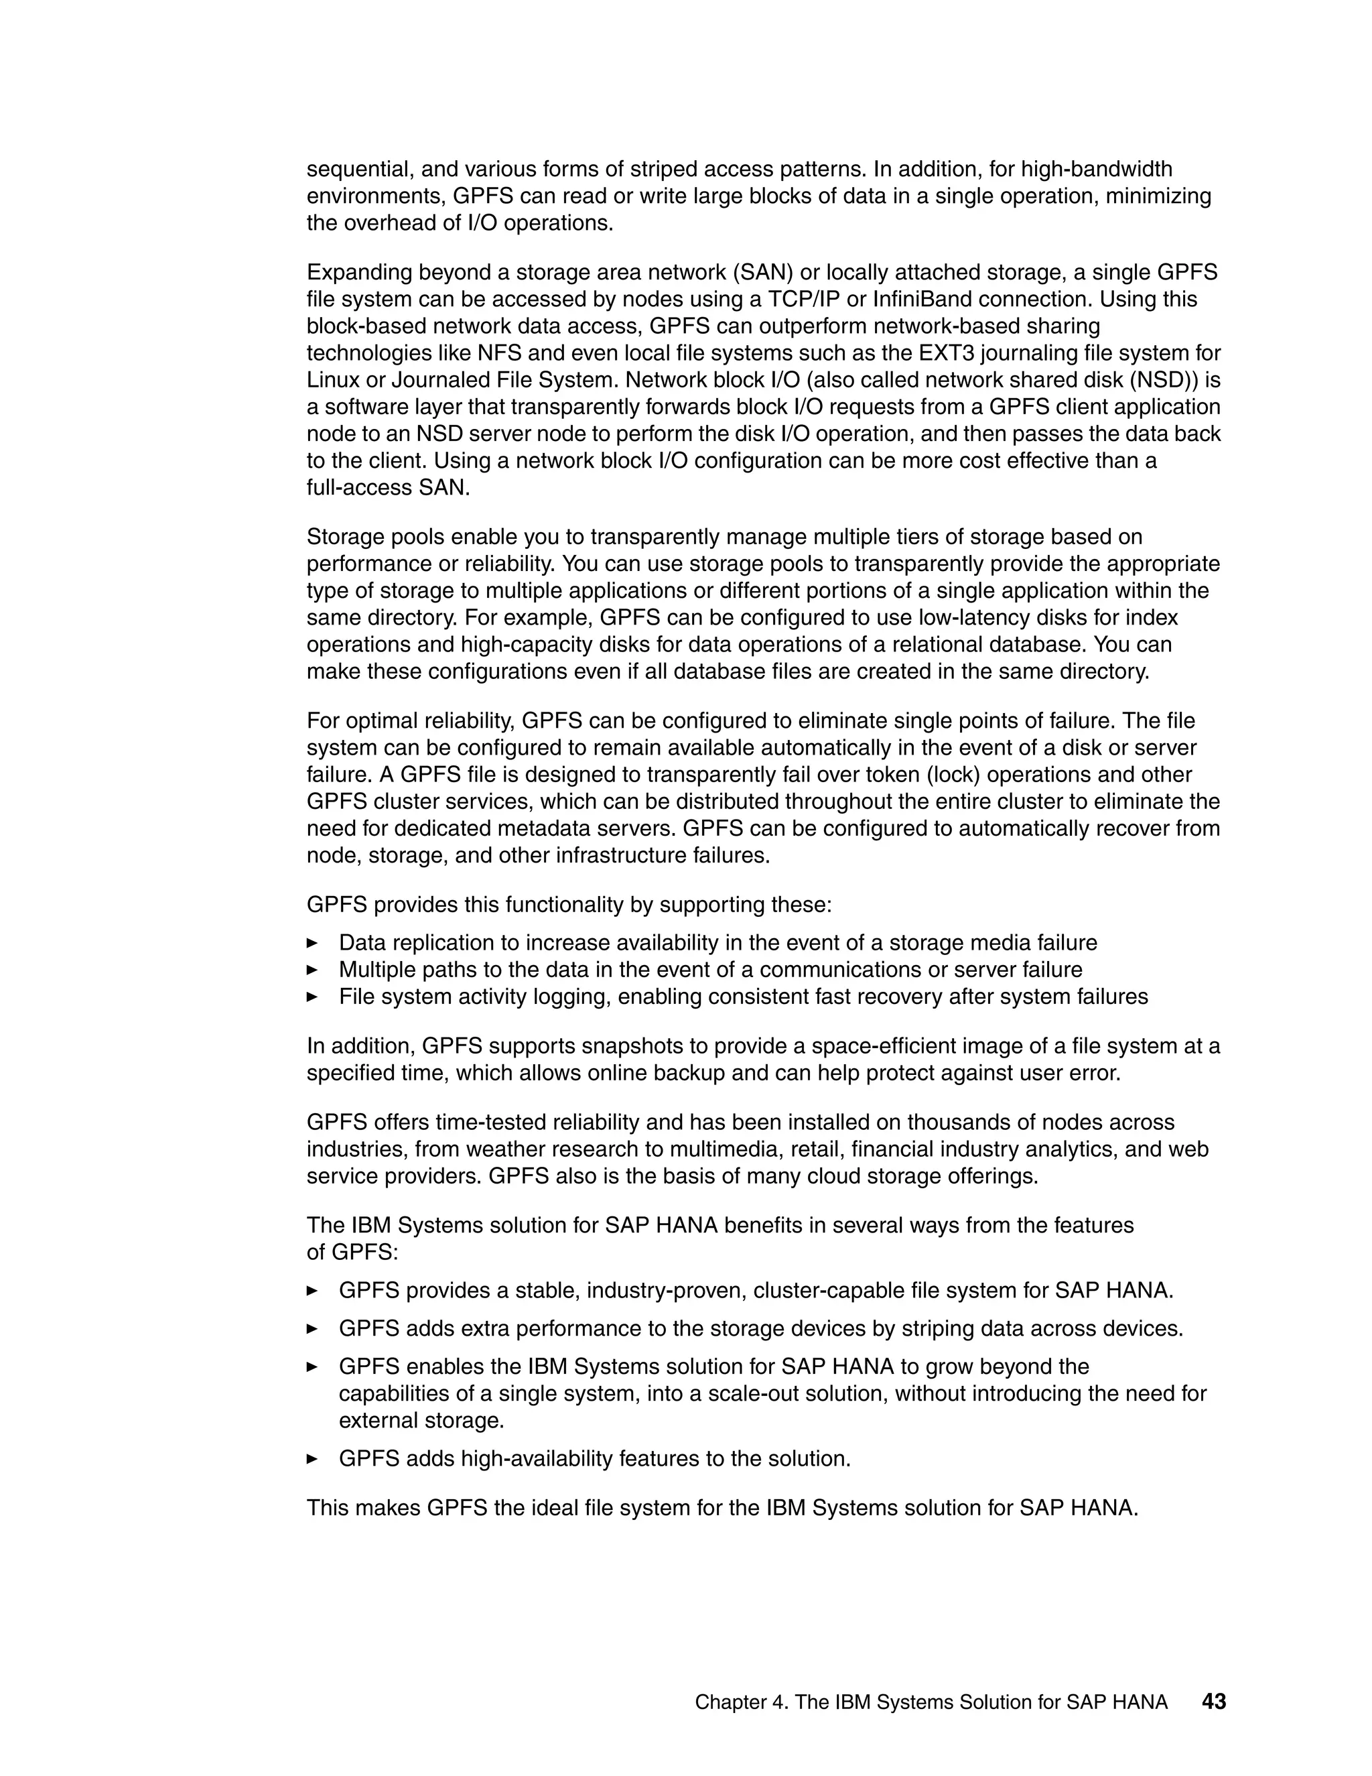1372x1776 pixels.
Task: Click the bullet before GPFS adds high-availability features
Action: pos(312,1459)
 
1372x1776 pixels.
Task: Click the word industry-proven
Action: pos(666,1291)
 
